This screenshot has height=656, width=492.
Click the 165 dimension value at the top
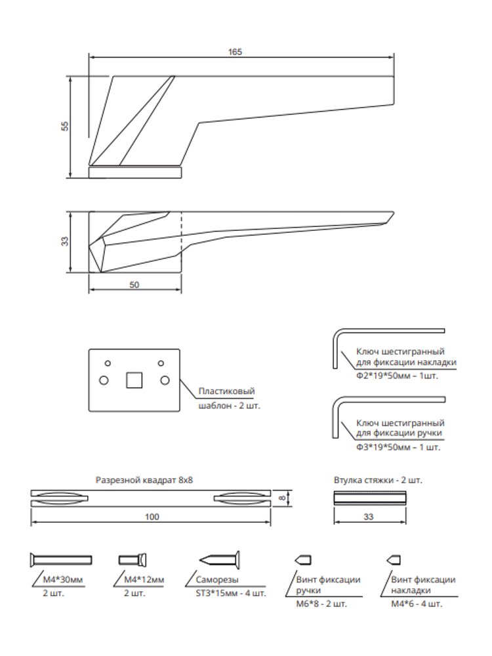coord(235,52)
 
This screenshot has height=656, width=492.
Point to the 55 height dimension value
coord(65,126)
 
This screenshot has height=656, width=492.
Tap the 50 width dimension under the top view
coord(134,285)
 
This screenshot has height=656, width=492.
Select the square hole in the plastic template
coord(134,380)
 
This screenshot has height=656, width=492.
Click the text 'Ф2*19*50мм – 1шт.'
coord(398,376)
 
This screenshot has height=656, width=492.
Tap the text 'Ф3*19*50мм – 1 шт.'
coord(398,447)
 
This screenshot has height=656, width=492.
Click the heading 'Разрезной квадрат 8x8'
coord(144,480)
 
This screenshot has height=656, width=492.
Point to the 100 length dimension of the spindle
coord(152,517)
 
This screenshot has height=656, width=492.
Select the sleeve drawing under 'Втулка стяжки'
coord(370,498)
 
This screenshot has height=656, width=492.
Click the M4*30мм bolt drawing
coord(61,560)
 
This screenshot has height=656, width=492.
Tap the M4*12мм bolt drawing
coord(133,560)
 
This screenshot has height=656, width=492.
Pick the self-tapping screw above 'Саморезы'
coord(219,560)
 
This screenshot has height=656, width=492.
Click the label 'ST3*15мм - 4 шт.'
coord(231,593)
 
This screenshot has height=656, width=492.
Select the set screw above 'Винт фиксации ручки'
coord(303,560)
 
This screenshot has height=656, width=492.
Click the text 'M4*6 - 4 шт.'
coord(417,604)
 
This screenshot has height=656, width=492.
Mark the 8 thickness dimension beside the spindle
coord(283,498)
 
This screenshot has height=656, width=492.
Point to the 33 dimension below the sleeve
coord(369,517)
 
